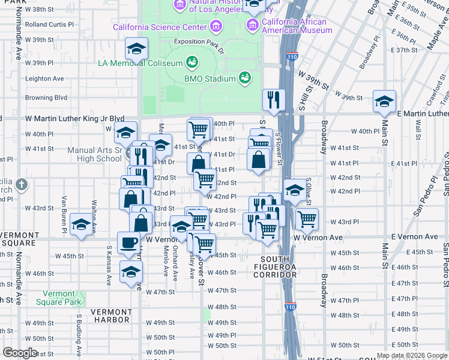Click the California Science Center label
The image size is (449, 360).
(x=160, y=28)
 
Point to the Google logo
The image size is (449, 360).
(x=20, y=353)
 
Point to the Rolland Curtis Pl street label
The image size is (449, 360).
(x=49, y=25)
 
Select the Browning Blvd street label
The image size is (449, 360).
(x=46, y=97)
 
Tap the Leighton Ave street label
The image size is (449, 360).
(x=44, y=79)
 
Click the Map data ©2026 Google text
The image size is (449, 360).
(x=412, y=355)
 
